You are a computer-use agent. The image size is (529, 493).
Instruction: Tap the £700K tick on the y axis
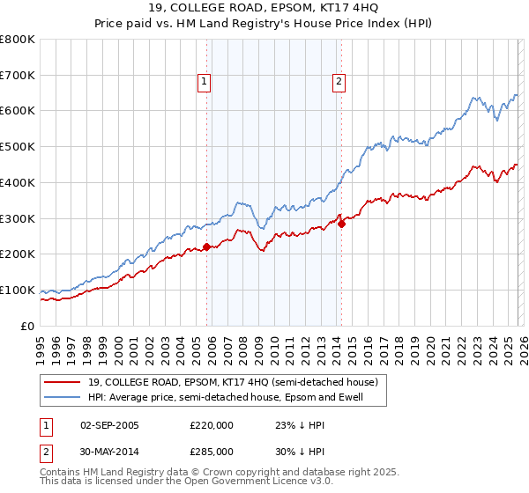18,76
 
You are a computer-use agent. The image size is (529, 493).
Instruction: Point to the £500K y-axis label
18,147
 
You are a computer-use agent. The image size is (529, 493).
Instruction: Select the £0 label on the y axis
27,326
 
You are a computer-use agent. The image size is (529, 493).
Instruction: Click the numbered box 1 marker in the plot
205,82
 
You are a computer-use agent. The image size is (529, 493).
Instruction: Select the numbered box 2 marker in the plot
339,82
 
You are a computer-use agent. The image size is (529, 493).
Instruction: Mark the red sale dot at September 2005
206,247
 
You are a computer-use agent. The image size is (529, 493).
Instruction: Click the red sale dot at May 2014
341,224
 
